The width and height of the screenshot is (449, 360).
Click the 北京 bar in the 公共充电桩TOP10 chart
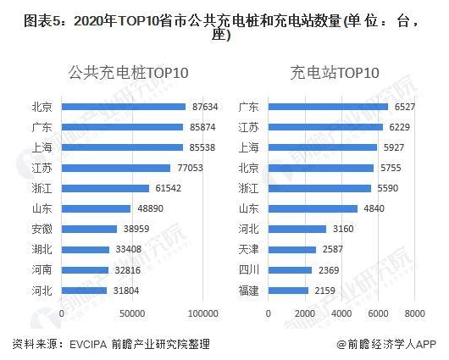124,107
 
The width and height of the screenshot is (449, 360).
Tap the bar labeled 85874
123,127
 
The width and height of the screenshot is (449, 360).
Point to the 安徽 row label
41,229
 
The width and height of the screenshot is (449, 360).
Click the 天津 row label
249,249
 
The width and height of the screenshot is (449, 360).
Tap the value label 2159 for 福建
325,291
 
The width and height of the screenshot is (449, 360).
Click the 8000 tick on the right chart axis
415,313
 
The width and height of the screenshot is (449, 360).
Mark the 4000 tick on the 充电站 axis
342,313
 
